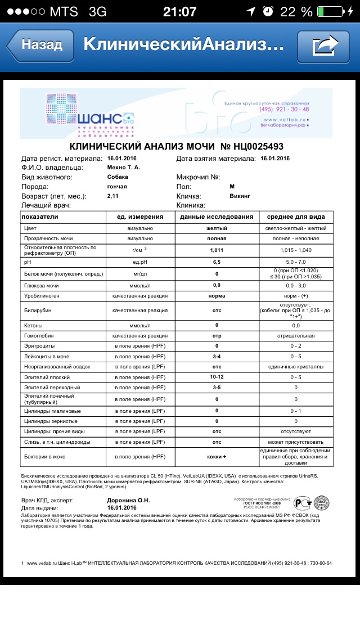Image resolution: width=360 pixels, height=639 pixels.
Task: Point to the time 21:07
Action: click(x=179, y=12)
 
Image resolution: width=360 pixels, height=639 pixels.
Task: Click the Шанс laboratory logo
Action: click(x=90, y=115)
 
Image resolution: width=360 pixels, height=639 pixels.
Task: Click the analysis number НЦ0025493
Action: click(x=251, y=146)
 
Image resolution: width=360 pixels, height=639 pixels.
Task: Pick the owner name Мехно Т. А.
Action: click(x=124, y=167)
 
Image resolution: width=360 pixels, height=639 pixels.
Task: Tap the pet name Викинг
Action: click(x=240, y=196)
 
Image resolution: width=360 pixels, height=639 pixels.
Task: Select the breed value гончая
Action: click(x=117, y=186)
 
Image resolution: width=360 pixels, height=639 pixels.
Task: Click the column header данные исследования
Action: click(x=217, y=217)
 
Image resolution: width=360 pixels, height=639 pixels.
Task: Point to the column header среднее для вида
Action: click(x=296, y=217)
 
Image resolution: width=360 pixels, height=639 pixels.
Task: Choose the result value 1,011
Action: click(x=217, y=250)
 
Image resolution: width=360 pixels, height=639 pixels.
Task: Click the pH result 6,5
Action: click(x=217, y=262)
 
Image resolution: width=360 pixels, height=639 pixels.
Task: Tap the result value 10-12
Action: click(x=217, y=376)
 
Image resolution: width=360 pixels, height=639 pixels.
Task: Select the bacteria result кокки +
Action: click(x=217, y=456)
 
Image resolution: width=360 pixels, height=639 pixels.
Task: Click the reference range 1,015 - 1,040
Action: click(x=296, y=250)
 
